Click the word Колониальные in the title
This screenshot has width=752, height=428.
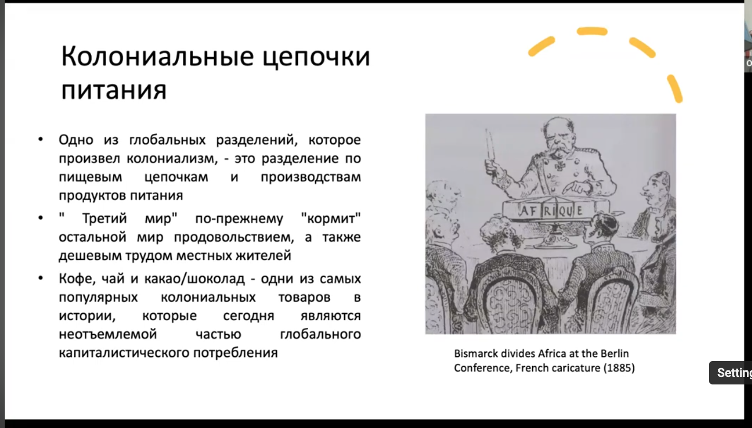[157, 57]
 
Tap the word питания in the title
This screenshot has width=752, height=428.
[114, 90]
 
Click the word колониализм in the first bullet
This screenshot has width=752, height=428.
[172, 158]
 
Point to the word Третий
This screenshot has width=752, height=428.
[104, 219]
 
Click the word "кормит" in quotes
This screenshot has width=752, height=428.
[331, 219]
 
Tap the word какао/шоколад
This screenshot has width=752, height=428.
[195, 279]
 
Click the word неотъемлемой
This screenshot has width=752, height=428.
[108, 334]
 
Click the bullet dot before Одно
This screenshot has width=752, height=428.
[41, 139]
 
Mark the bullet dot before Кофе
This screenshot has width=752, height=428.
[41, 278]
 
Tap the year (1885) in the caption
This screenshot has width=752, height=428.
[619, 368]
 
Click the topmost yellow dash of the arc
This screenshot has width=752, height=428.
[592, 31]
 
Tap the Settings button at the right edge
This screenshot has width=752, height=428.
[730, 373]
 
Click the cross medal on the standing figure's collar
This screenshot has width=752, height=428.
[559, 166]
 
